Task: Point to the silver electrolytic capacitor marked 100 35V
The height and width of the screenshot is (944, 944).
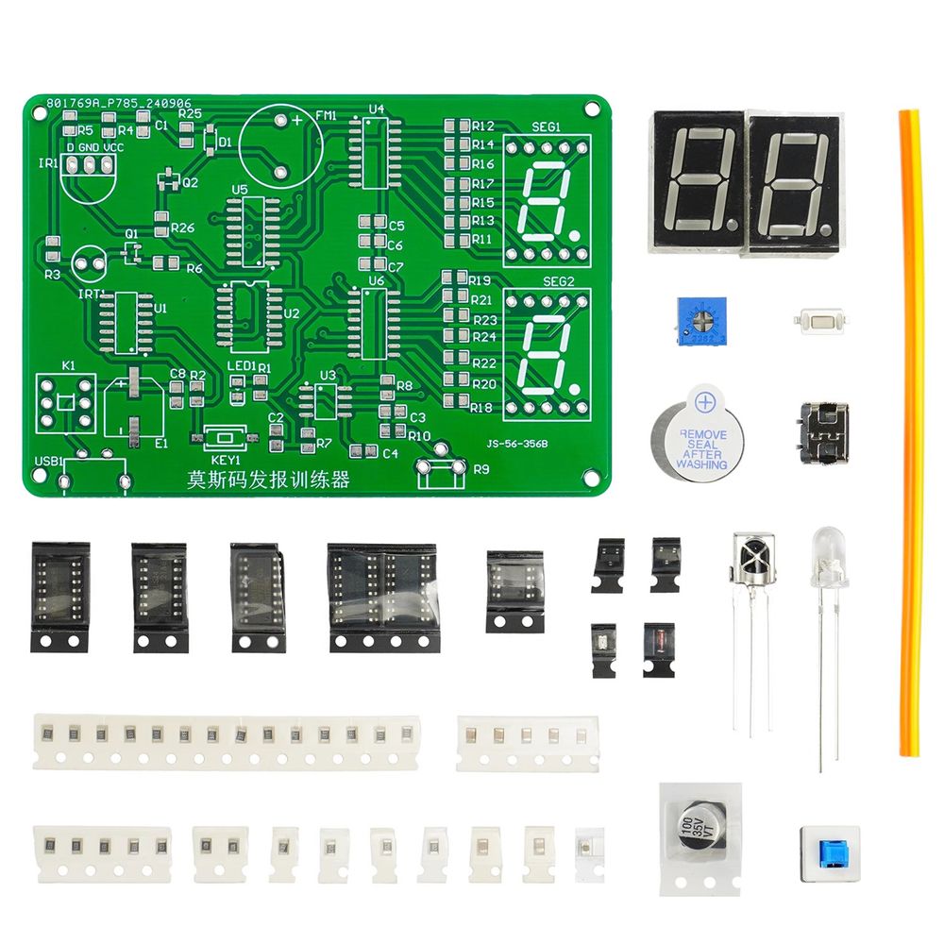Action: tap(699, 832)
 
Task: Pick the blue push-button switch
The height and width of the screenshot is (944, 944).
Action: tap(831, 851)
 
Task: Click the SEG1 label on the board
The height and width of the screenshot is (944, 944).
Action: tap(546, 126)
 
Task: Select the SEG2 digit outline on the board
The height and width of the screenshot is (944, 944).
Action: tap(546, 354)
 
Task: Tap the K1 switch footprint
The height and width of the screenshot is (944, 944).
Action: tap(64, 402)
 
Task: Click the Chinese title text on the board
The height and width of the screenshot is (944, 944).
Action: tap(268, 480)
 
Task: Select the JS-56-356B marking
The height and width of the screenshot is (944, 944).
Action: tap(517, 441)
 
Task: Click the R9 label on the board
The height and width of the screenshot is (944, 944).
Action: tap(480, 469)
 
